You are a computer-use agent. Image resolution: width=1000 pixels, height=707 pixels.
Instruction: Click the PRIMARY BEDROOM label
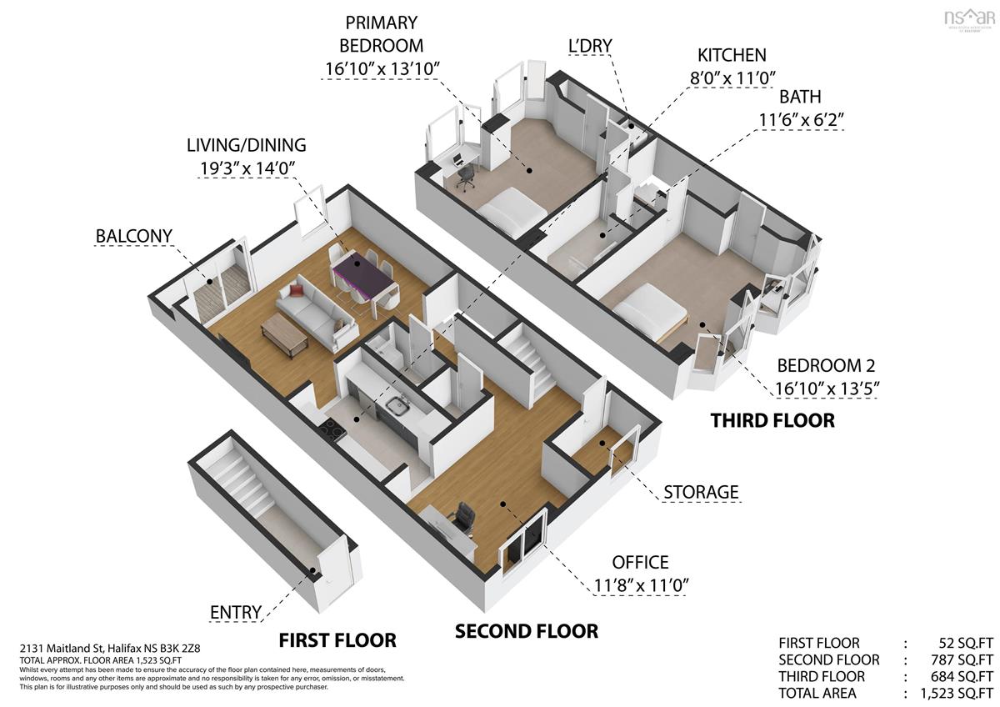(382, 34)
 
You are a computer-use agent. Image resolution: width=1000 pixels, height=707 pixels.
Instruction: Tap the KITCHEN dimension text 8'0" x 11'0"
(732, 78)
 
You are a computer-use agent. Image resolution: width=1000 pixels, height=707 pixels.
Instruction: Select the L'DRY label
(590, 46)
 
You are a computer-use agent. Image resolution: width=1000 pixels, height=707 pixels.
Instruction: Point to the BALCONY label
(134, 236)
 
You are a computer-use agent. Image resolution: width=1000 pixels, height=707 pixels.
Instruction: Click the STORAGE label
(701, 492)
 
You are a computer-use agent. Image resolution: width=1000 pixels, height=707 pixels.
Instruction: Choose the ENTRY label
(236, 612)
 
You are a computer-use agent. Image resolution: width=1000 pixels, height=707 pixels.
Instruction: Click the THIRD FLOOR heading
(772, 420)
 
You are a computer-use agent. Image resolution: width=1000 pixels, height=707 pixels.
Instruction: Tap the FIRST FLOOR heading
(337, 640)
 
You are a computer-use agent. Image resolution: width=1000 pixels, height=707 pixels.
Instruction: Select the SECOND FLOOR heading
(527, 631)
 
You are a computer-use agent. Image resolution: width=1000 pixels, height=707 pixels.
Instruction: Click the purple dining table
(362, 273)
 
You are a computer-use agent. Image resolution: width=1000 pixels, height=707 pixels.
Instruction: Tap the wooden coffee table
(284, 334)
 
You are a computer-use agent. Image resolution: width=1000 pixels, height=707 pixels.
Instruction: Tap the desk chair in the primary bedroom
(465, 178)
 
